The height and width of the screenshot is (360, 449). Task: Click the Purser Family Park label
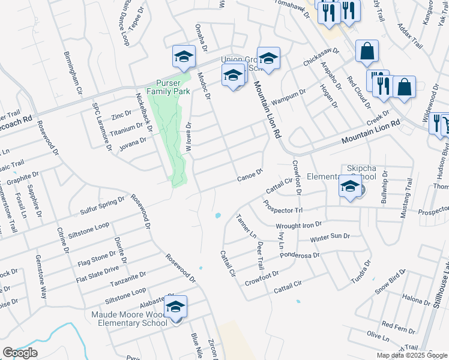173,87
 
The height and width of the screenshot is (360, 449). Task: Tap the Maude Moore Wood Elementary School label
129,319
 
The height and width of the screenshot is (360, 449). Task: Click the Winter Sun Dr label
330,237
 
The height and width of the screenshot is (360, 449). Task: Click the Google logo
20,353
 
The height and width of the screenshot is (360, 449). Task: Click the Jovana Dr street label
133,142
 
